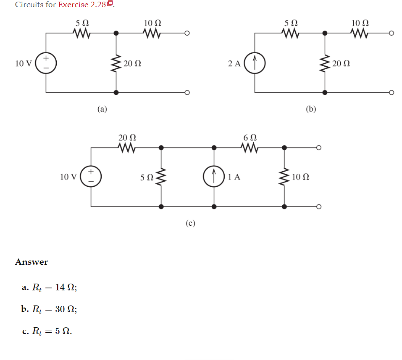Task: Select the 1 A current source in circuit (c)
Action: point(214,177)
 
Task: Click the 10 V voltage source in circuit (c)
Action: point(91,177)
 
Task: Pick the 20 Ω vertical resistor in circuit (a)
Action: point(116,63)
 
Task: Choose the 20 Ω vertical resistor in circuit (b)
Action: point(325,63)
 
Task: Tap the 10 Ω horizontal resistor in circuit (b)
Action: point(360,33)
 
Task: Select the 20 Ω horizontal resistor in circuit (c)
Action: point(127,147)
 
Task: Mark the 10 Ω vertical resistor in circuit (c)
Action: point(284,177)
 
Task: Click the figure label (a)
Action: point(102,110)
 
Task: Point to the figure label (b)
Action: point(311,110)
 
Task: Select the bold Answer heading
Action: point(32,262)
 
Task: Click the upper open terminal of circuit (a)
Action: point(187,33)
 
